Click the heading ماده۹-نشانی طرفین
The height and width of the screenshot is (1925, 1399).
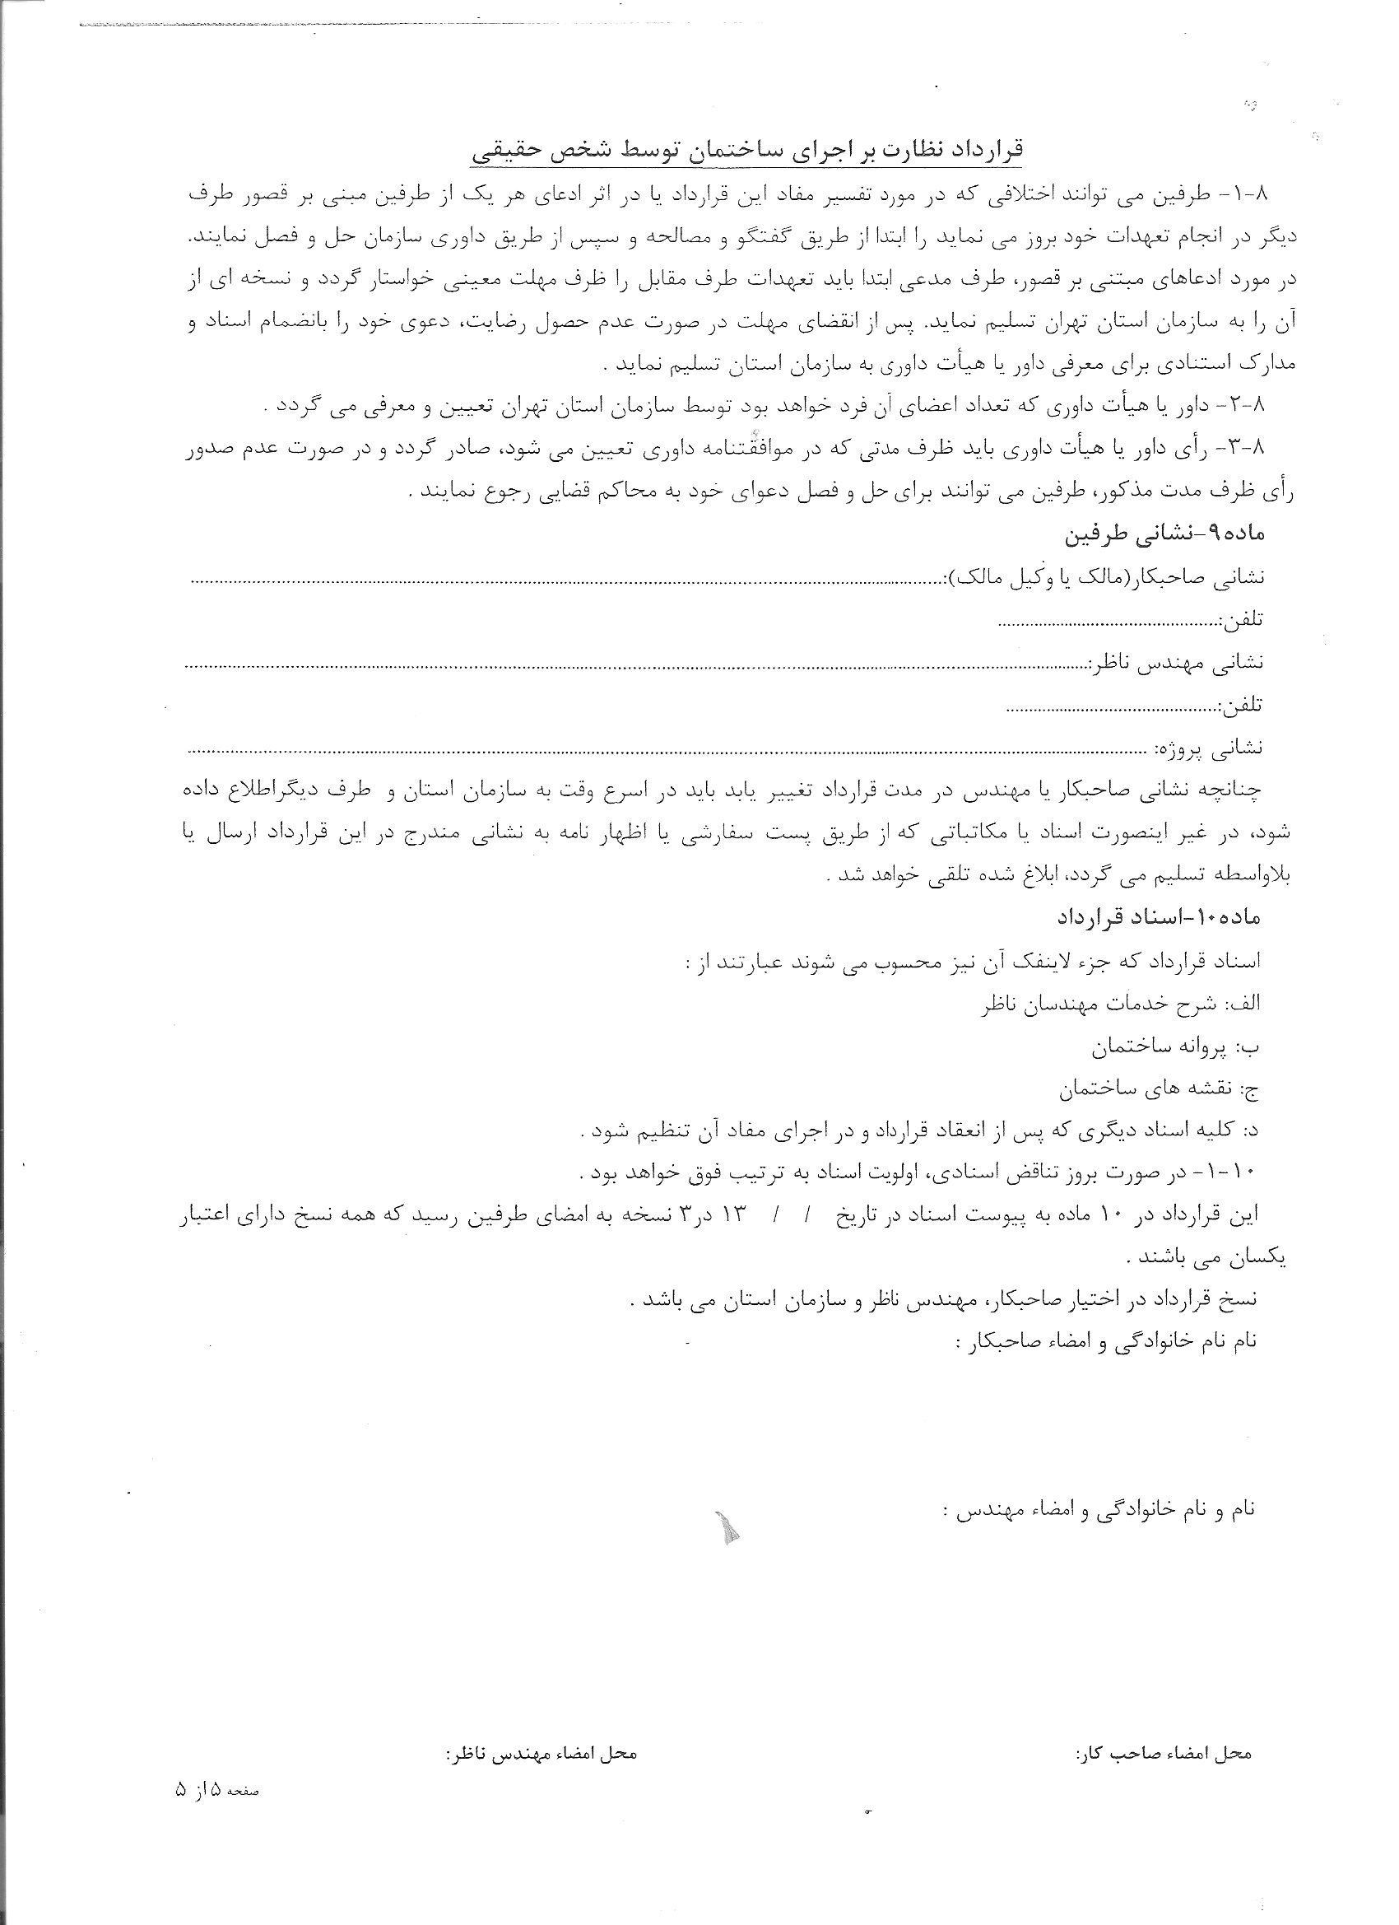(1164, 534)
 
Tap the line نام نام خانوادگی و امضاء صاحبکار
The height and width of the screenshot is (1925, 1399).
(1108, 1341)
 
